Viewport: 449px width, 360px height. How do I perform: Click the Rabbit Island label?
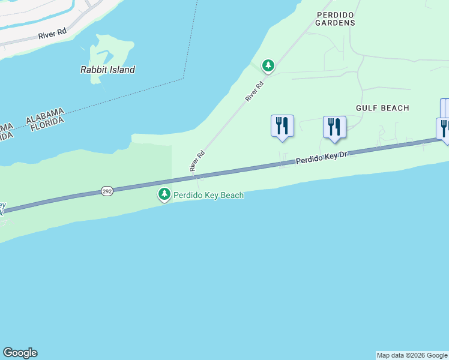(x=107, y=70)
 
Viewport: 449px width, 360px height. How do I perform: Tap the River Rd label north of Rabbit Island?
(x=52, y=35)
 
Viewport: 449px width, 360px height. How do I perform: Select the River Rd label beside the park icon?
(x=255, y=91)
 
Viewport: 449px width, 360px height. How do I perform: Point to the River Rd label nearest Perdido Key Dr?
(x=197, y=161)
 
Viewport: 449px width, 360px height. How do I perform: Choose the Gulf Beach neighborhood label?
(x=382, y=108)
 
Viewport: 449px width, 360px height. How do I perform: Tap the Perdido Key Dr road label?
(x=322, y=158)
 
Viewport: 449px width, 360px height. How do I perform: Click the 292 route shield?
(x=107, y=191)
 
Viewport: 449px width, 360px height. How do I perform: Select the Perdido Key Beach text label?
(x=209, y=195)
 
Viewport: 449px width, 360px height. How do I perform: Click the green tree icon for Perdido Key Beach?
(x=164, y=194)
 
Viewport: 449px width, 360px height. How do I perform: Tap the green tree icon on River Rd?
(x=268, y=65)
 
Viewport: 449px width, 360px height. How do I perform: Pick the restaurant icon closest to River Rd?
(x=282, y=125)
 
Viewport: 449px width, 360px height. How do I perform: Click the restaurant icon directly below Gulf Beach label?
(x=334, y=127)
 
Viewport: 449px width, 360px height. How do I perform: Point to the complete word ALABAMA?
(x=44, y=116)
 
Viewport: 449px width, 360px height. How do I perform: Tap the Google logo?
(x=20, y=353)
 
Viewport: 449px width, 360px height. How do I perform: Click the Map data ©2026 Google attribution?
(x=412, y=355)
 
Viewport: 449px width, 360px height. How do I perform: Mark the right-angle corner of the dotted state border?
(x=184, y=79)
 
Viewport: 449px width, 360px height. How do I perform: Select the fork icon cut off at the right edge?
(x=444, y=128)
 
